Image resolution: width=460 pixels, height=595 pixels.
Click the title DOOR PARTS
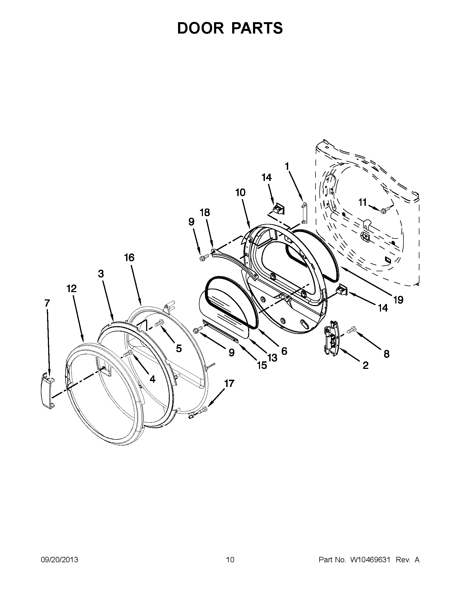(x=230, y=28)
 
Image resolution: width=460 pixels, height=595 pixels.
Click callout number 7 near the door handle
(x=47, y=303)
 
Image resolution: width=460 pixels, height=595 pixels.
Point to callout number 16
(x=129, y=257)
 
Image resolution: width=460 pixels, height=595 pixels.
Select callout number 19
(x=398, y=300)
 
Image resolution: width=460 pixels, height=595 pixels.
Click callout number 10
(x=240, y=193)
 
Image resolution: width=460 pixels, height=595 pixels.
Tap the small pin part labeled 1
(x=304, y=210)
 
